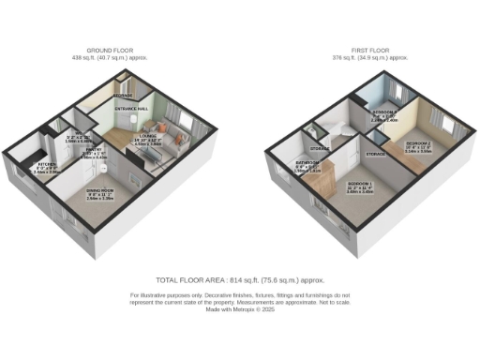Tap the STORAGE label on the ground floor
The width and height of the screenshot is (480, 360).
[x=123, y=96]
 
